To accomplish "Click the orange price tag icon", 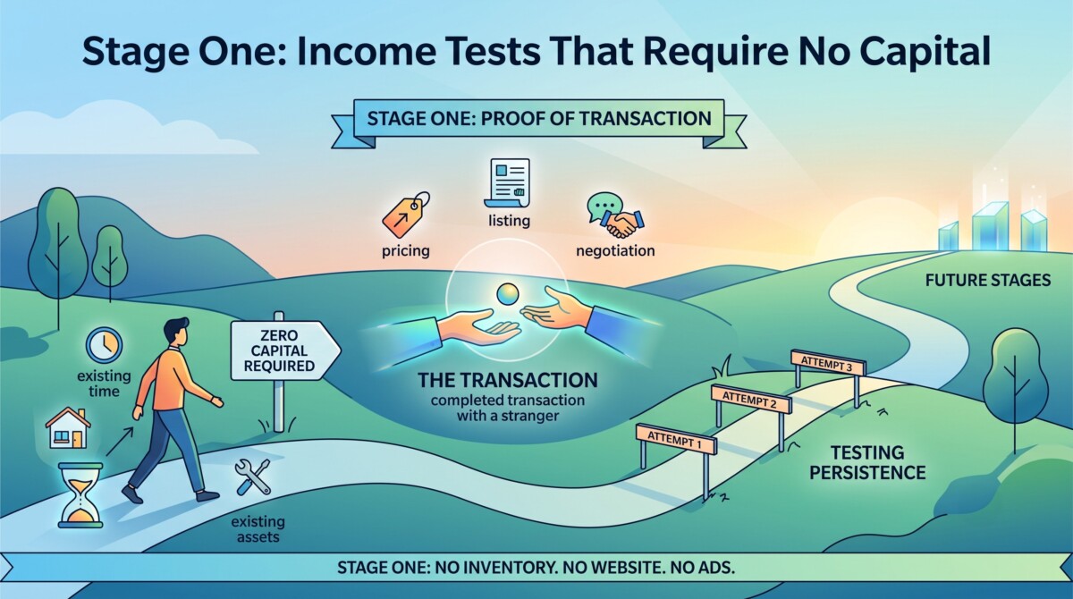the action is point(406,215).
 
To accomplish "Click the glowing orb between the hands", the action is point(507,294).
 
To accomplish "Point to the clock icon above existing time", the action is point(104,345).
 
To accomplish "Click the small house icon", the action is point(68,427).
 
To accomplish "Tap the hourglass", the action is point(80,495).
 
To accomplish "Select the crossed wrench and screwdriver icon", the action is point(253,477).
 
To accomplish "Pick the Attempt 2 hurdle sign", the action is point(750,400).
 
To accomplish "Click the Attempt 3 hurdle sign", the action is point(828,363).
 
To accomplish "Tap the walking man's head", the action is point(176,332).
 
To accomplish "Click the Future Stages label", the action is point(988,280).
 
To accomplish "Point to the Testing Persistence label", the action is point(867,462).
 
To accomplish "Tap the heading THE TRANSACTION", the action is point(508,380).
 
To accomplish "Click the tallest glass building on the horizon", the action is point(990,226).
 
